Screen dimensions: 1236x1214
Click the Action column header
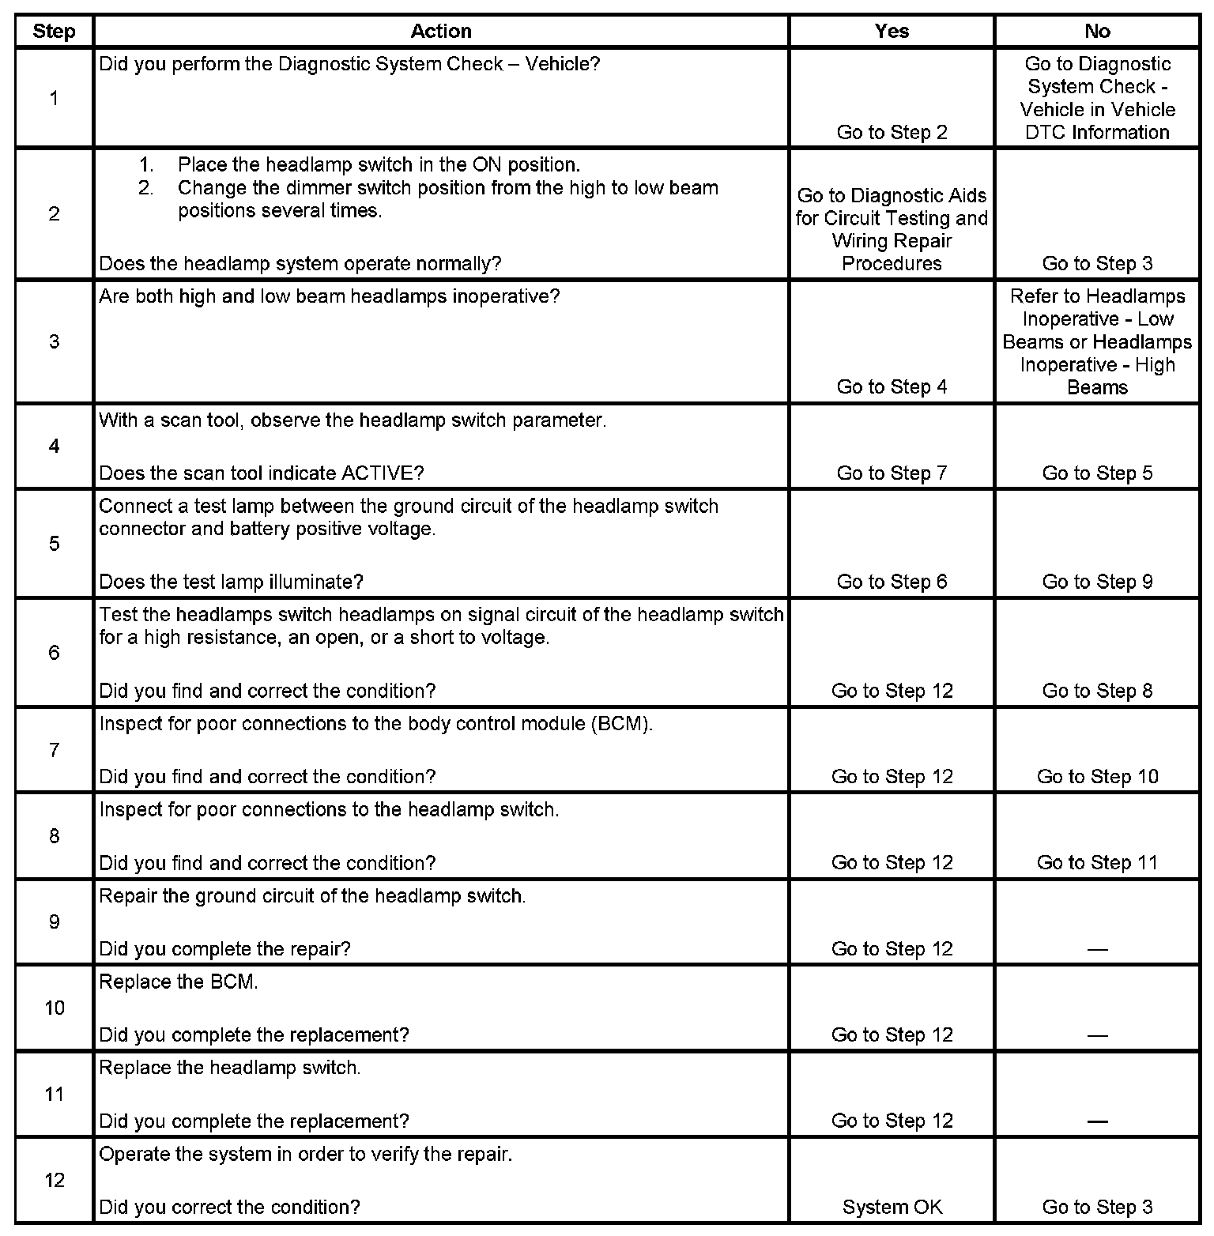(x=441, y=32)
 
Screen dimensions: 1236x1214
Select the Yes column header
(x=892, y=32)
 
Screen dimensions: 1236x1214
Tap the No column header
(x=1097, y=32)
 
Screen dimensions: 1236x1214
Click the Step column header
(x=54, y=32)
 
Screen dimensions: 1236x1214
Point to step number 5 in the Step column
(x=54, y=544)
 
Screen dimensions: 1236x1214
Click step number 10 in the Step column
(x=54, y=1008)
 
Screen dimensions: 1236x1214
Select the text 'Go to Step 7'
(x=892, y=473)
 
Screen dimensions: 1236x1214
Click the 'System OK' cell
(x=892, y=1208)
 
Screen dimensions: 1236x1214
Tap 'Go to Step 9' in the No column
(x=1097, y=582)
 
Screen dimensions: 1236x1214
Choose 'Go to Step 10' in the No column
(x=1097, y=777)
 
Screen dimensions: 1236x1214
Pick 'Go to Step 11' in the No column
(x=1097, y=863)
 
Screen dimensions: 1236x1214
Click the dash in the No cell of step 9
(x=1097, y=949)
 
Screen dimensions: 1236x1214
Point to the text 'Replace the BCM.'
(x=179, y=982)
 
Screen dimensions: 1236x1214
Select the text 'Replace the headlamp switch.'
(x=229, y=1068)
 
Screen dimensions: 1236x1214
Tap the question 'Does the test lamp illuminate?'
(x=231, y=582)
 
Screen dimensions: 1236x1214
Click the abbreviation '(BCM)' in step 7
(x=621, y=724)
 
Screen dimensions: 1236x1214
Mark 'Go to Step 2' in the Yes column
(x=892, y=133)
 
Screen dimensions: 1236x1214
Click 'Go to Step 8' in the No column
(x=1097, y=691)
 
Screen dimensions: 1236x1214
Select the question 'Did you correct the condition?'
(x=229, y=1208)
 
